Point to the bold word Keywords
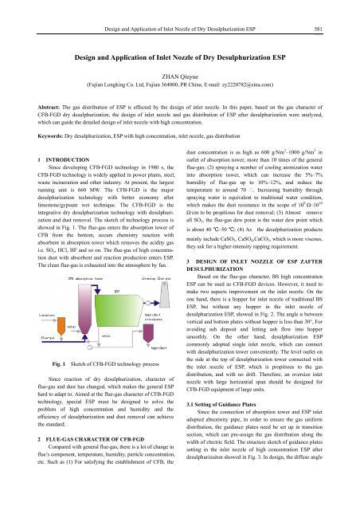pos(32,137)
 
